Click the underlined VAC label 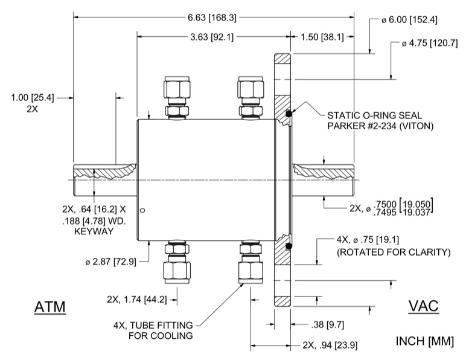point(424,307)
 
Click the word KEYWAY point(94,231)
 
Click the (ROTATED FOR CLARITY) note point(394,252)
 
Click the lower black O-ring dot point(289,246)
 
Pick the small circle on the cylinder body point(142,210)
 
